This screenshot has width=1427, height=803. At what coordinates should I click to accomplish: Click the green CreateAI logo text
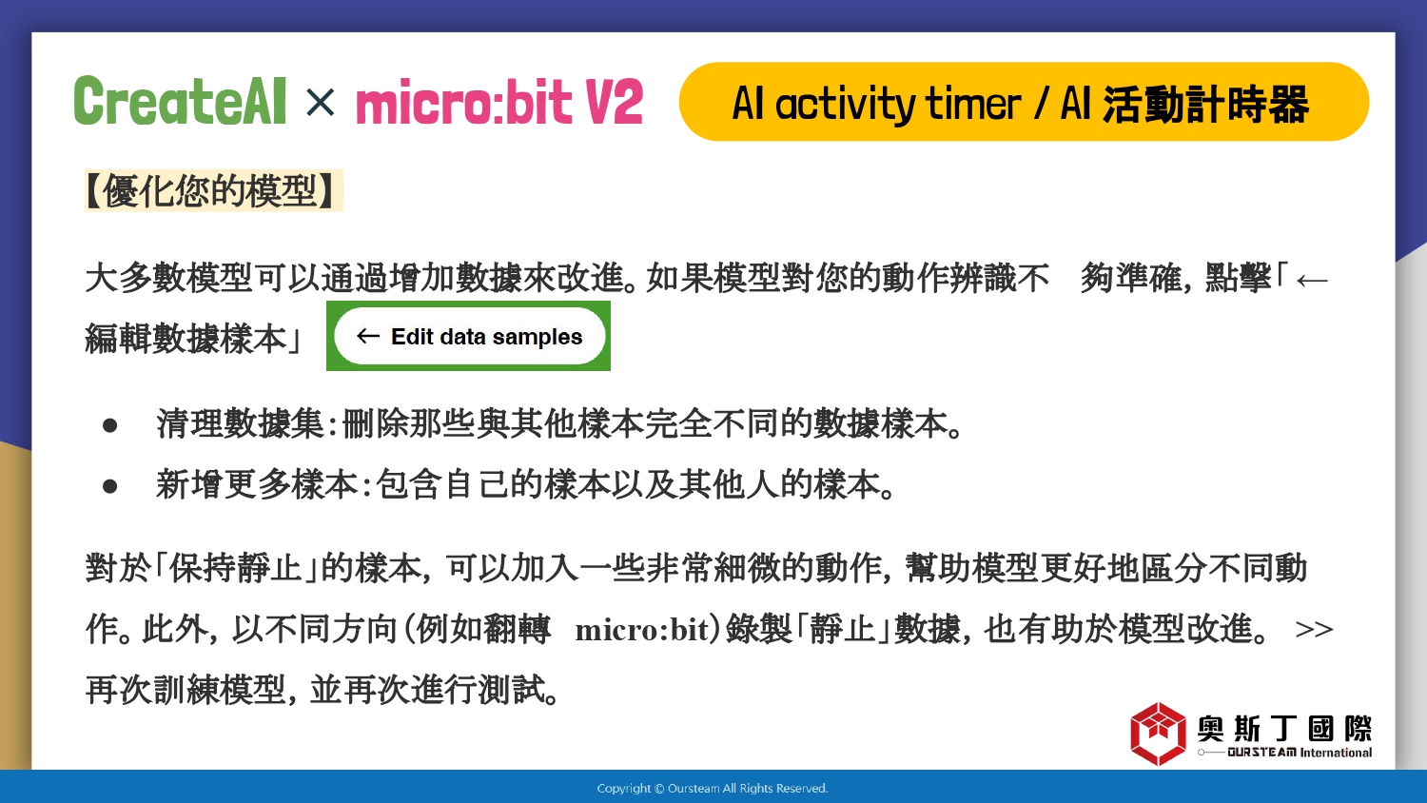(x=180, y=101)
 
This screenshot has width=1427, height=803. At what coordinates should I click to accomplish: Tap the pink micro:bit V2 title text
(x=499, y=102)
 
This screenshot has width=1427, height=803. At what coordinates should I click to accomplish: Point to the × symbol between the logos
(x=320, y=102)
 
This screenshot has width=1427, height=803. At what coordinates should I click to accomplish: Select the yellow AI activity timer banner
(x=1024, y=102)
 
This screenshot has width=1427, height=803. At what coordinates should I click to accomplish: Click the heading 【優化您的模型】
(x=213, y=190)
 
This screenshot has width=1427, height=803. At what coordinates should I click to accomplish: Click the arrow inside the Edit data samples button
(x=367, y=336)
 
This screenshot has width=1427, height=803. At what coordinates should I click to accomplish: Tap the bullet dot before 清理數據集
(x=109, y=425)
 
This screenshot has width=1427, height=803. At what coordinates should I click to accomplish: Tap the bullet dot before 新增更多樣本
(x=109, y=487)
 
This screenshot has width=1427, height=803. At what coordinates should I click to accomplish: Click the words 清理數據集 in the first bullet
(x=241, y=423)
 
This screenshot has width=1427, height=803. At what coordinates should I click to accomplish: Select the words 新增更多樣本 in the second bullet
(x=258, y=484)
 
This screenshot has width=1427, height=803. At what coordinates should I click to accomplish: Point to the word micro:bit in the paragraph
(x=643, y=630)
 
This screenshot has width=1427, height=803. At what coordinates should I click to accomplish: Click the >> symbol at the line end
(x=1314, y=630)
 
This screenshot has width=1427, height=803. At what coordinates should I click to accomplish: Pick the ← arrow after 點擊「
(x=1312, y=281)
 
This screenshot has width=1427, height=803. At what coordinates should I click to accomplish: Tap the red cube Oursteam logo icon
(x=1158, y=734)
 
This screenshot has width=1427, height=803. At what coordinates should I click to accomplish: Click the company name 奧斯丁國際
(x=1284, y=729)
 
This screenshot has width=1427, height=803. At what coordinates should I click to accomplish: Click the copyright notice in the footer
(x=713, y=789)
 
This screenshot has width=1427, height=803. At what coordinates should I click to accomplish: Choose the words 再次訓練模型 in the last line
(x=186, y=690)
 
